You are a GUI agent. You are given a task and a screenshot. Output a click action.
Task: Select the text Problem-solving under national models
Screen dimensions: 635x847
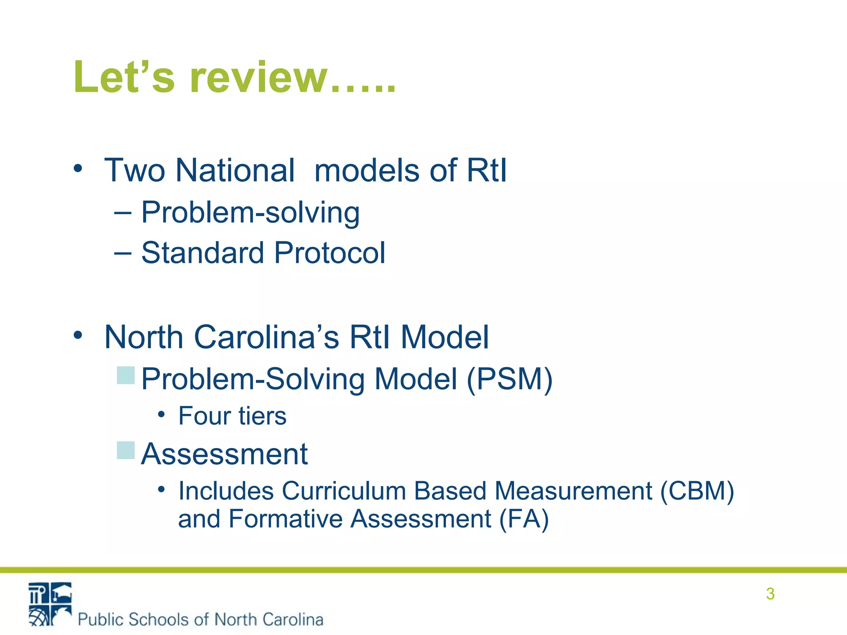tap(250, 212)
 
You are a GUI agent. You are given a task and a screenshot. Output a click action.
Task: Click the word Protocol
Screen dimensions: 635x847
tap(330, 253)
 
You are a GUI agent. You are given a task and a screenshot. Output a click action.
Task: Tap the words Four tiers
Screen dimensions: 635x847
tap(232, 416)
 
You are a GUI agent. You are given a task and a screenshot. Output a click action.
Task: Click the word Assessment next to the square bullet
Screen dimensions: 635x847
tap(224, 454)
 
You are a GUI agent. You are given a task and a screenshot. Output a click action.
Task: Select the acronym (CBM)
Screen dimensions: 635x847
tap(697, 491)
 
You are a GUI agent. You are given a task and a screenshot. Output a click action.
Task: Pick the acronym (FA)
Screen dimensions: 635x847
tap(524, 519)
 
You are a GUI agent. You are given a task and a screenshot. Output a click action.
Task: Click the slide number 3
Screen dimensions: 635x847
tap(770, 594)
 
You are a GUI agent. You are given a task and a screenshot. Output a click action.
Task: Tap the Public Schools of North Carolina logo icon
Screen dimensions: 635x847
tap(50, 604)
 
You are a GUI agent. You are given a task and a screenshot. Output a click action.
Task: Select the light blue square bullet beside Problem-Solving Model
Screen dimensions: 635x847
tap(126, 375)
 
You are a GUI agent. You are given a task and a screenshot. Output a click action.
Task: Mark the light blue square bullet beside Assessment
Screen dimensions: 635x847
tap(126, 450)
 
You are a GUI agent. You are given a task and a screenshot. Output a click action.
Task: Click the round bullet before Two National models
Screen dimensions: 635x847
tap(78, 168)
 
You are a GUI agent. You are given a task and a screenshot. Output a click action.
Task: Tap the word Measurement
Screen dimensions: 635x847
tap(573, 491)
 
